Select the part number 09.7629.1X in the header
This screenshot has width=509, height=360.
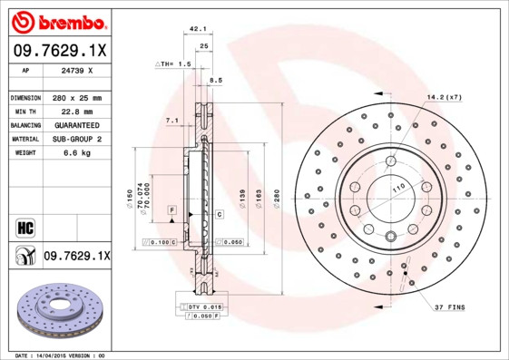point(57,51)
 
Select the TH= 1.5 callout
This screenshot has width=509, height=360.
point(172,65)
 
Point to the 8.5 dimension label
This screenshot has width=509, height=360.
point(215,81)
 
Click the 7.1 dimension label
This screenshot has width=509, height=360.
point(171,120)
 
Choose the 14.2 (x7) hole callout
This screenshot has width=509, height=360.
point(444,96)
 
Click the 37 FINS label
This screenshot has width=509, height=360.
point(449,308)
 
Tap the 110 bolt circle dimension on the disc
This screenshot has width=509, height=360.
point(396,188)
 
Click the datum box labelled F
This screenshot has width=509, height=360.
point(171,210)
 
